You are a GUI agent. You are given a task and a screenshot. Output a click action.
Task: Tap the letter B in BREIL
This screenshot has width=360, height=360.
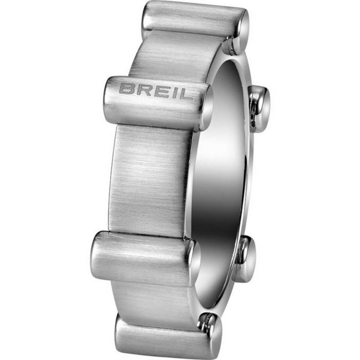pos(125,88)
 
